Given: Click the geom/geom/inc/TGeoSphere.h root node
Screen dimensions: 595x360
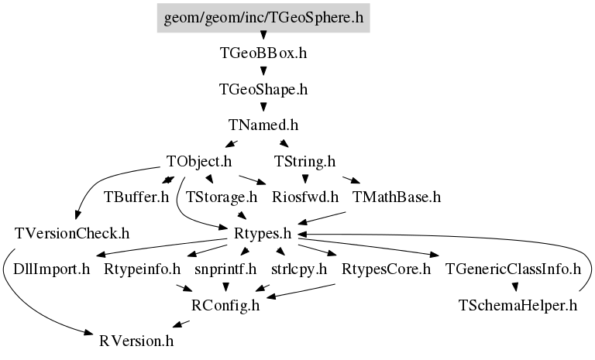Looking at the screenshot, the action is (263, 18).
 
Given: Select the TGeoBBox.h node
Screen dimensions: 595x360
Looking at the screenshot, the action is (263, 53).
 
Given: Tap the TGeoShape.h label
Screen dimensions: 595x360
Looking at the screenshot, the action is (263, 90).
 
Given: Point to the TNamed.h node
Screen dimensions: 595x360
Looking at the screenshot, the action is (263, 125).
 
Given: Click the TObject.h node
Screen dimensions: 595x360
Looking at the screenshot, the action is (199, 162).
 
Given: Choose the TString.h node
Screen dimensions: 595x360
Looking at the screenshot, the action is (304, 162).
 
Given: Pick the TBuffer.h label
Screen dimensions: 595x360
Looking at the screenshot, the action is (136, 197).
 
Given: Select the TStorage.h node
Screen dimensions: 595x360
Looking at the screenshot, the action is (222, 197).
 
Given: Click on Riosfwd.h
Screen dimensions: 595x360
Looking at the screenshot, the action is (305, 197).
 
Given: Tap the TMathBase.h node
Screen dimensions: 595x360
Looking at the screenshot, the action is (397, 197).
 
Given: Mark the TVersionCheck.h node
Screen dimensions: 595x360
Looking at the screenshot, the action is (72, 233).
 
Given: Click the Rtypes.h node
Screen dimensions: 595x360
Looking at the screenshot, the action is (263, 233).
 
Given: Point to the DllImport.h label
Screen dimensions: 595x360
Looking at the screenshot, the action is (52, 269).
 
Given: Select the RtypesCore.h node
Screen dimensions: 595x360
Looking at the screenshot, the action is (386, 269).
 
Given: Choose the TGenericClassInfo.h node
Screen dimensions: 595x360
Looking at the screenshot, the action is (513, 269).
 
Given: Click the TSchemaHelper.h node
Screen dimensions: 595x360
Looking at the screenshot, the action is (518, 305).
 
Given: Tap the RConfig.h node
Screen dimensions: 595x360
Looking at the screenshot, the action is (225, 305).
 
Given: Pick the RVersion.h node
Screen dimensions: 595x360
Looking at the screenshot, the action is (136, 341).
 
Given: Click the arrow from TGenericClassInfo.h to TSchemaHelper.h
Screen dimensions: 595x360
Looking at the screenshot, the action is (515, 286).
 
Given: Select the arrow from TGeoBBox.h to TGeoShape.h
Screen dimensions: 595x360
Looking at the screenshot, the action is (263, 71).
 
